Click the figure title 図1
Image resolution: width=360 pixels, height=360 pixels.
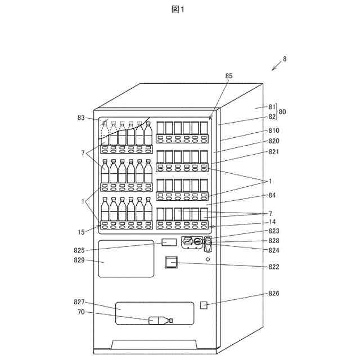click(x=179, y=9)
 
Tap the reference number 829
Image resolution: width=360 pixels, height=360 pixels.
click(x=80, y=260)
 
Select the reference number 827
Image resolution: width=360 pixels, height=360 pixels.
click(x=80, y=302)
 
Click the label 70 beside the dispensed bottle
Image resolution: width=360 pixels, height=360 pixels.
click(x=81, y=312)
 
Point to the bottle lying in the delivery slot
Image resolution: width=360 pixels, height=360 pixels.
click(x=160, y=321)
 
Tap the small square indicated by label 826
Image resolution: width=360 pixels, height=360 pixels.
click(x=204, y=305)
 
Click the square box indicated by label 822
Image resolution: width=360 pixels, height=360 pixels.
click(x=171, y=262)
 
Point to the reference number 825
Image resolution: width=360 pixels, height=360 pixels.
click(x=80, y=250)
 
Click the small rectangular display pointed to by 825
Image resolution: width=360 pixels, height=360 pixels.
click(x=169, y=242)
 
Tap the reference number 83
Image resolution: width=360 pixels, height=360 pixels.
click(x=81, y=118)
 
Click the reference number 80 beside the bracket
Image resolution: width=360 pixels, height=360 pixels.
click(x=282, y=112)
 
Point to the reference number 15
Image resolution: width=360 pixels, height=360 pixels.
click(x=82, y=232)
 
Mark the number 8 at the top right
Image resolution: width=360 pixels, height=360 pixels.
click(x=285, y=58)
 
